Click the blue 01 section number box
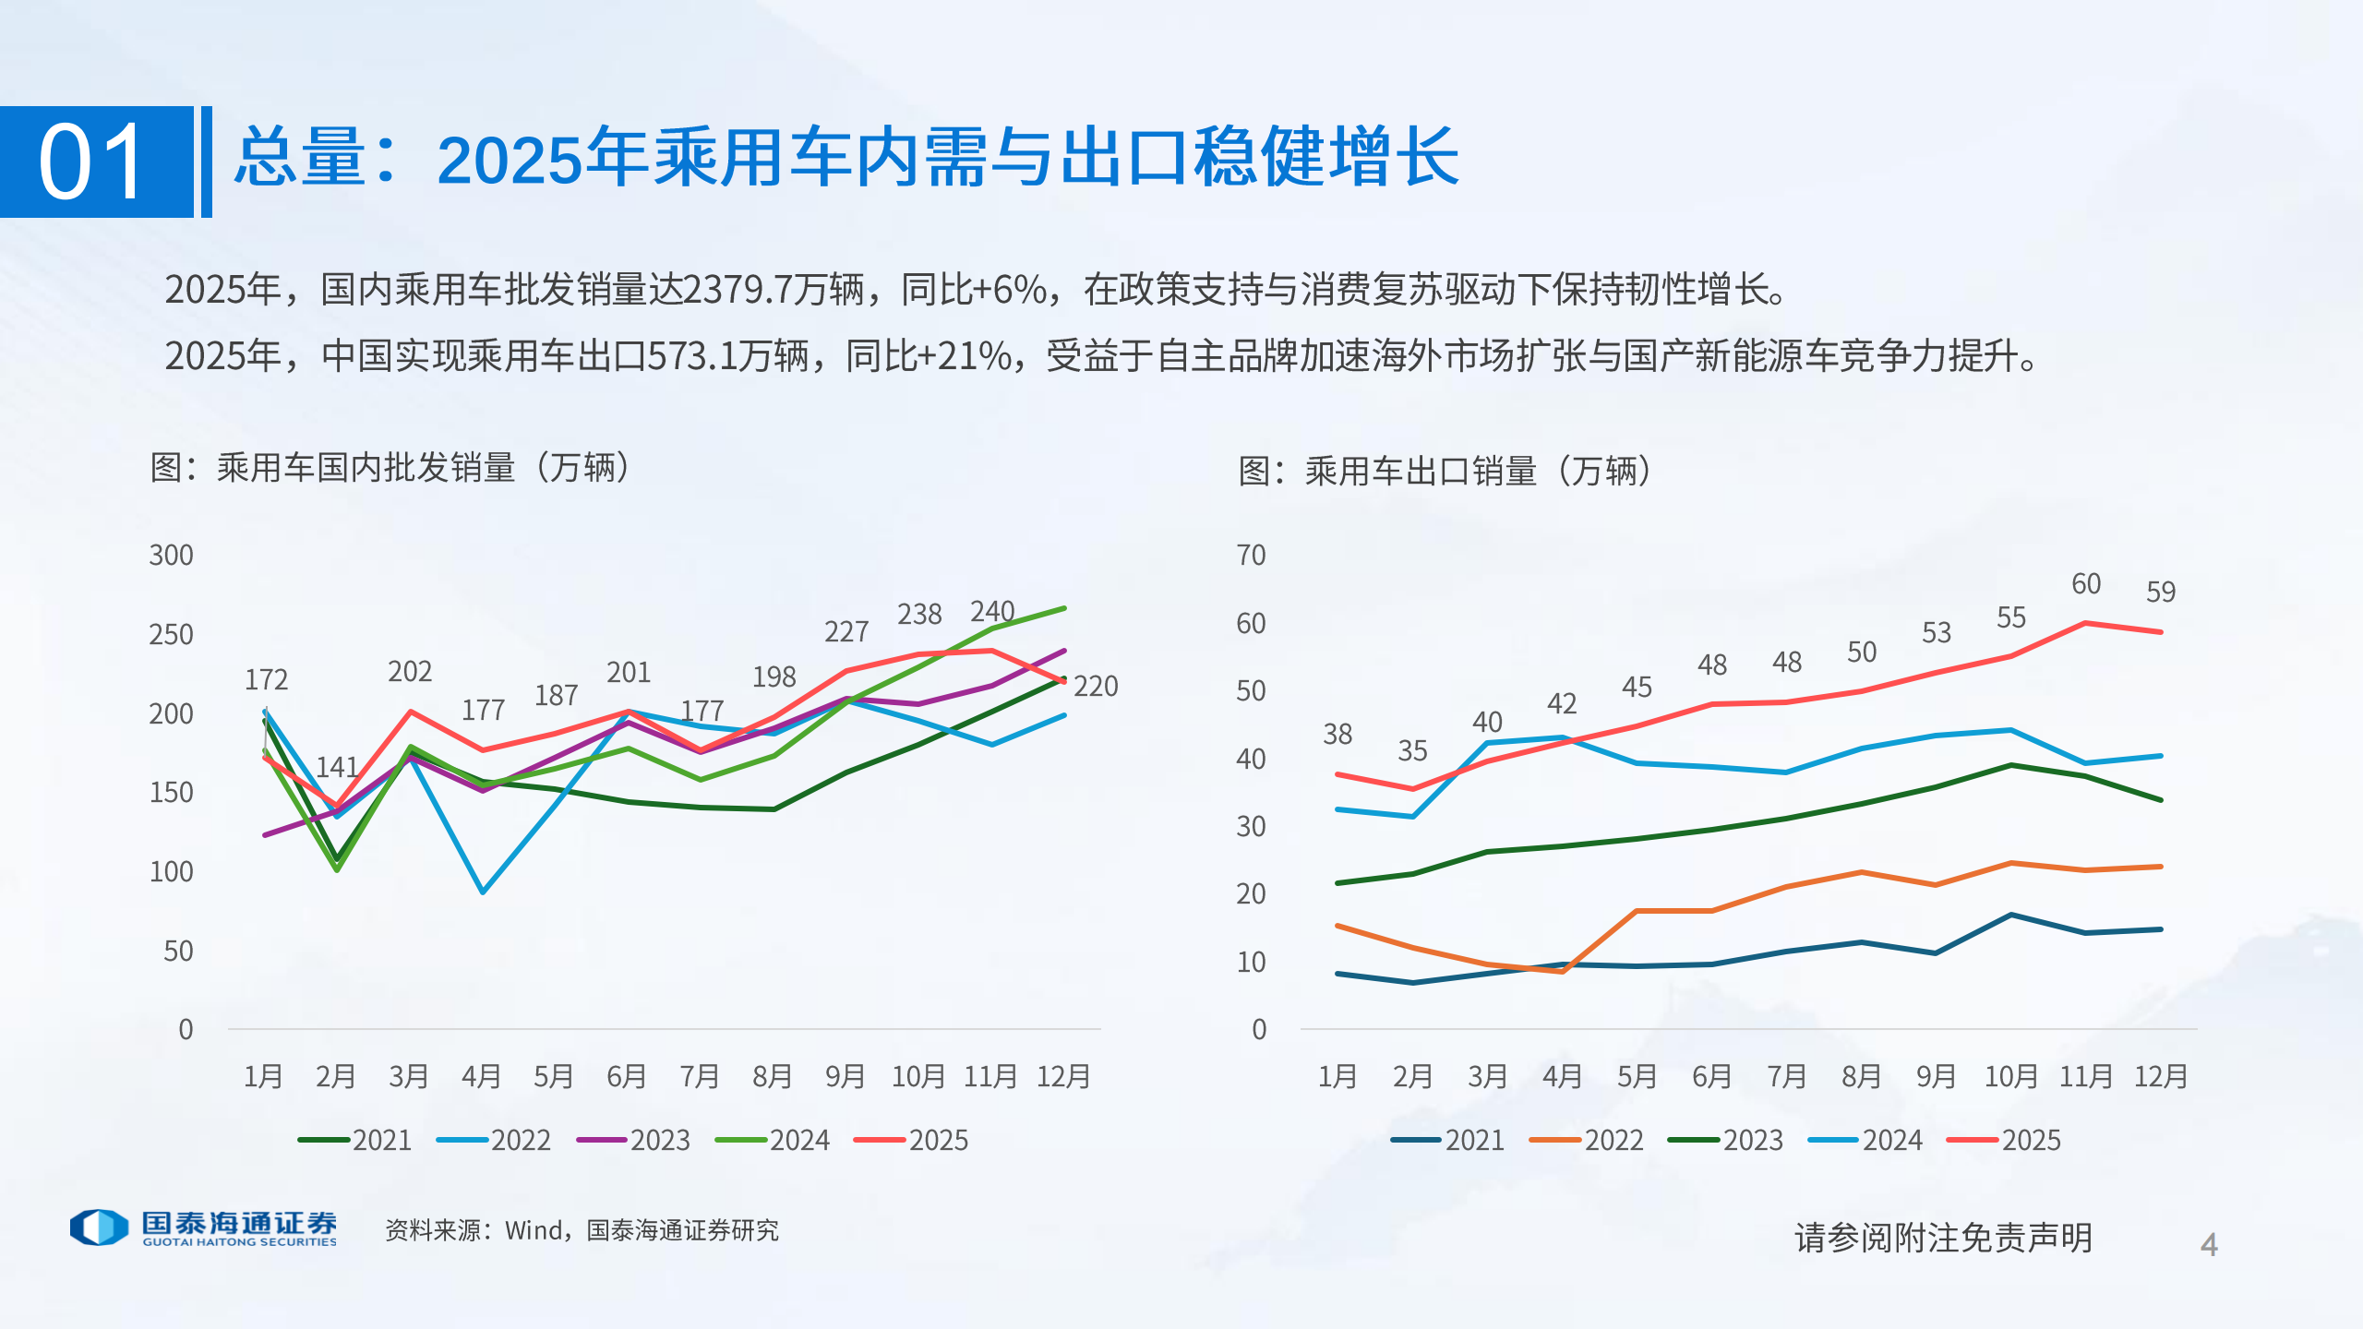[96, 162]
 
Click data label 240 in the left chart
[991, 611]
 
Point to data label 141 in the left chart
[337, 767]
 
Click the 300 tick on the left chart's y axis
[172, 556]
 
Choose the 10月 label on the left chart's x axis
[918, 1076]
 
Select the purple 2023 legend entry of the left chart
[635, 1140]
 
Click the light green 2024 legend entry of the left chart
[774, 1140]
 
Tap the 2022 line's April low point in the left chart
[483, 892]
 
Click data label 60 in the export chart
[2085, 584]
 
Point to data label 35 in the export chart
[1412, 751]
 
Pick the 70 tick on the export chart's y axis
[1251, 556]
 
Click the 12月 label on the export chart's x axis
[2160, 1076]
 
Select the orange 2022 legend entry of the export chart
[1588, 1140]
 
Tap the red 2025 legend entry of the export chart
[2005, 1140]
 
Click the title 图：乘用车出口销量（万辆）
[1445, 472]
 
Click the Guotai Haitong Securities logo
[204, 1227]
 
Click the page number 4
[2209, 1245]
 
